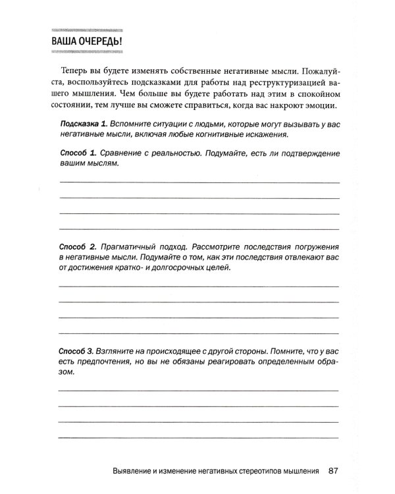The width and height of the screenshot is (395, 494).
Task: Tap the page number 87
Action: coord(333,472)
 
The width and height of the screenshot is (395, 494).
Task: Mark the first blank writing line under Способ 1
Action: coord(199,181)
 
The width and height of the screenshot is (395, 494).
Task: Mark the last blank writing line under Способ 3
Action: coord(199,437)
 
